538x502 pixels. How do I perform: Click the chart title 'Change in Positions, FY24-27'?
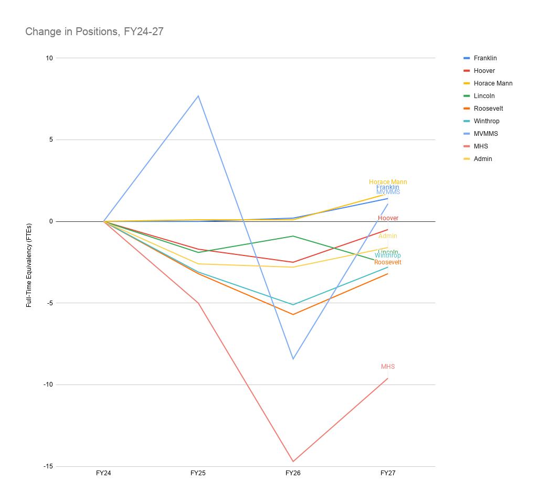click(x=94, y=31)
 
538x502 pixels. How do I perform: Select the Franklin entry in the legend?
click(x=484, y=58)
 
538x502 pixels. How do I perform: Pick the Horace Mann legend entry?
click(x=492, y=83)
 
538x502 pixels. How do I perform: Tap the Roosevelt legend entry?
click(x=488, y=109)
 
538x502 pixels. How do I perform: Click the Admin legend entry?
click(x=482, y=159)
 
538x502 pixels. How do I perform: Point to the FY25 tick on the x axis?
click(x=198, y=473)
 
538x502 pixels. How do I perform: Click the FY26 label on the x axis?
click(x=293, y=473)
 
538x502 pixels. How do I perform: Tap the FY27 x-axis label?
click(x=388, y=473)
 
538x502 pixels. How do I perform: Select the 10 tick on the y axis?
click(x=49, y=58)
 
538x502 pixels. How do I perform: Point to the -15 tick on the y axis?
click(x=48, y=466)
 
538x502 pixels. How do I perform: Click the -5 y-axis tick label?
click(x=49, y=303)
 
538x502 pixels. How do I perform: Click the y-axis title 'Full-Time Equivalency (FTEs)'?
click(x=29, y=262)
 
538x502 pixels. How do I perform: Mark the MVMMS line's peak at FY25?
click(x=198, y=96)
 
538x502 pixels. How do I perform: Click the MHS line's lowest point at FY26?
click(x=293, y=462)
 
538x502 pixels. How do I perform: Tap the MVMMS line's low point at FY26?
click(x=293, y=359)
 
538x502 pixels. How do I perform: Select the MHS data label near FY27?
click(x=388, y=367)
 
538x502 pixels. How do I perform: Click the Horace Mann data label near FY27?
click(x=388, y=182)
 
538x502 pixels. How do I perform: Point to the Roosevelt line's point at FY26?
click(x=293, y=314)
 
